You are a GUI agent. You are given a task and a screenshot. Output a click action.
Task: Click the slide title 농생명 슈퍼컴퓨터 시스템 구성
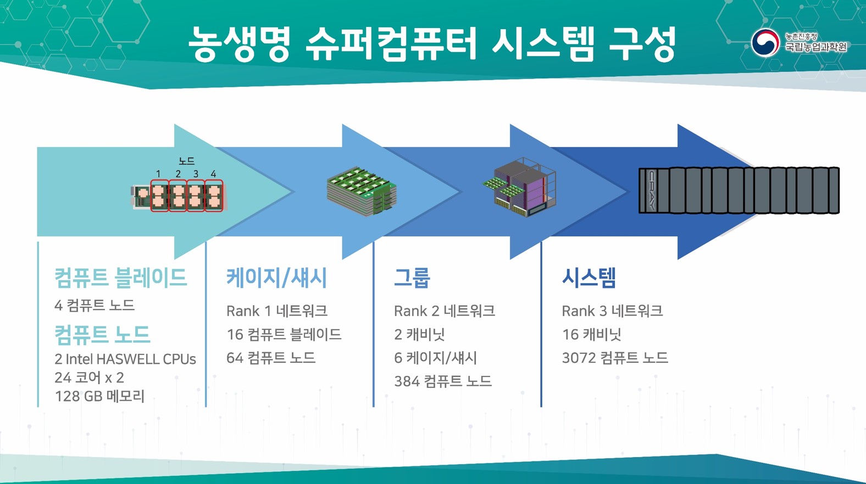(x=432, y=44)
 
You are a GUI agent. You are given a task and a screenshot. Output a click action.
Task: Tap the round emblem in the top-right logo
(x=765, y=43)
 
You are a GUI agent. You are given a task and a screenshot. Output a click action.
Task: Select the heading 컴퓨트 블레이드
(x=120, y=278)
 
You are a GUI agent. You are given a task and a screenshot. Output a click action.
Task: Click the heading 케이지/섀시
(x=276, y=278)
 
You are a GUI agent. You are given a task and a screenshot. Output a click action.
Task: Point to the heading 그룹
(x=412, y=278)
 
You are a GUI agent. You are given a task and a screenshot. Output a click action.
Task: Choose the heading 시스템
(x=589, y=278)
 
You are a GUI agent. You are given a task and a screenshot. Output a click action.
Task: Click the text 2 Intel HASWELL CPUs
(x=125, y=359)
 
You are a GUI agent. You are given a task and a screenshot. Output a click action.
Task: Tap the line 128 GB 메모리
(x=99, y=396)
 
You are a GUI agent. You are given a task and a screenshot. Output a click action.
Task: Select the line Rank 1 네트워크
(x=276, y=311)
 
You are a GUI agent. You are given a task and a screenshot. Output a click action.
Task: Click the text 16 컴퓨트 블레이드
(x=284, y=335)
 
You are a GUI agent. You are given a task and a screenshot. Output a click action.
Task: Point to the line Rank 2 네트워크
(x=444, y=311)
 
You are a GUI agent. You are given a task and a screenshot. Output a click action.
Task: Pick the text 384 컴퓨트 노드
(x=442, y=381)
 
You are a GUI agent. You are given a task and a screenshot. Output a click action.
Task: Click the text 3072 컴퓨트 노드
(x=614, y=358)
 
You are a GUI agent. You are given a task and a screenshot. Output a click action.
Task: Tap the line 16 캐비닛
(x=591, y=335)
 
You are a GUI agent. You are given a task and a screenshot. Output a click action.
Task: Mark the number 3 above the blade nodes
(x=196, y=174)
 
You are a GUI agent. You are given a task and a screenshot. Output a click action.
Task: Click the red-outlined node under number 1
(x=159, y=196)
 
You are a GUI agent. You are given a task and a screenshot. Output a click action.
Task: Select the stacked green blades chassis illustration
(x=362, y=190)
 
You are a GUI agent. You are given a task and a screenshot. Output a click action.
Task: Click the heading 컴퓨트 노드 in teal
(x=102, y=334)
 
